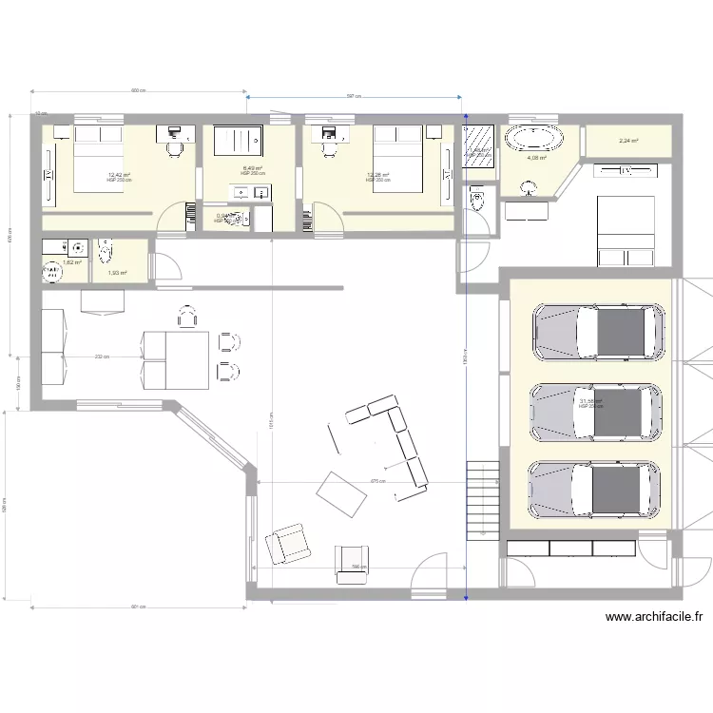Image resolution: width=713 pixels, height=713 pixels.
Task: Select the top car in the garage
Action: click(598, 334)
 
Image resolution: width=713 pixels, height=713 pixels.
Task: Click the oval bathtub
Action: click(534, 139)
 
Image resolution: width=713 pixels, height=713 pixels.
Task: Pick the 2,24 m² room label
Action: click(628, 142)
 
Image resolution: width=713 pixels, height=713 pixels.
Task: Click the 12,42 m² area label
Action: click(118, 175)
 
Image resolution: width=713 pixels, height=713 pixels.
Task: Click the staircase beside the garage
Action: click(483, 498)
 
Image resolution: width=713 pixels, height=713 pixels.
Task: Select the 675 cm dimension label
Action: click(377, 481)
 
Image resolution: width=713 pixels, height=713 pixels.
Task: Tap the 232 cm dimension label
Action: click(99, 357)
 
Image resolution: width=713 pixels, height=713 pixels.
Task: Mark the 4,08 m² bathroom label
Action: click(536, 159)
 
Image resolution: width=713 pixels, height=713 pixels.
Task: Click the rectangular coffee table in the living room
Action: click(337, 492)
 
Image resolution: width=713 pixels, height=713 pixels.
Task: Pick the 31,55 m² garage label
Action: click(590, 402)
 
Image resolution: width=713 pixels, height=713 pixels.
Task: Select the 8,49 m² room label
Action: click(252, 169)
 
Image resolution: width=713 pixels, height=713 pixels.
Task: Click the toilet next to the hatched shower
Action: click(477, 199)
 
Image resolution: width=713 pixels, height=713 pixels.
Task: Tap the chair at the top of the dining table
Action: click(187, 316)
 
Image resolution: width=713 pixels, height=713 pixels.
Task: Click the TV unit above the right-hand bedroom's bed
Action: click(625, 170)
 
